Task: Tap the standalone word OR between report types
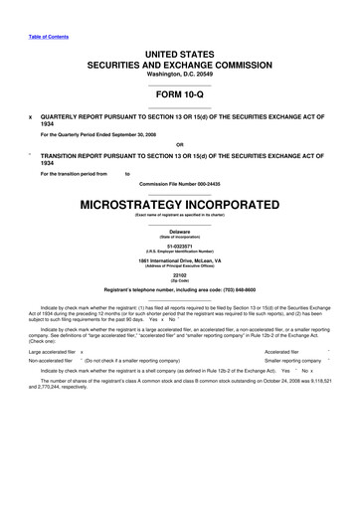tap(179, 142)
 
